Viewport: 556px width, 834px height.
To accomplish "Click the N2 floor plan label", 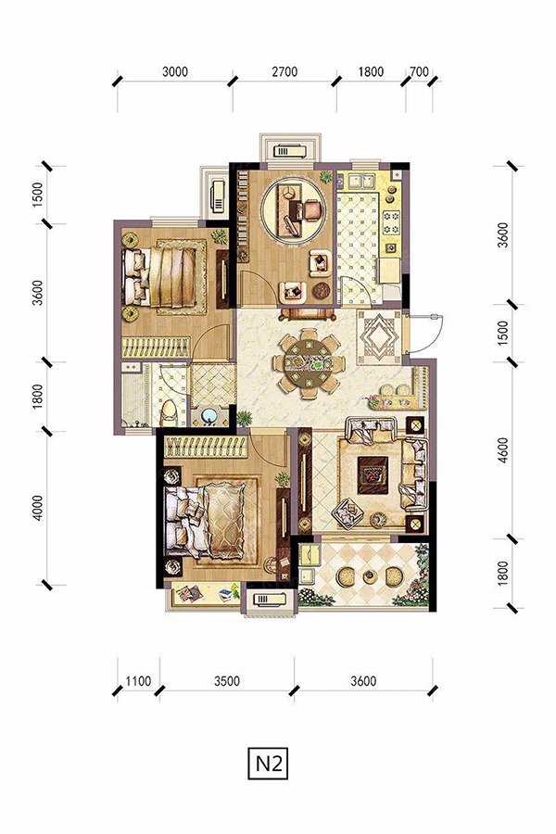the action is (268, 764).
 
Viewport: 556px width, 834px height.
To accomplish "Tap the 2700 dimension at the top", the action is (284, 71).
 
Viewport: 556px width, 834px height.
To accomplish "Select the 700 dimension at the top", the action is (419, 70).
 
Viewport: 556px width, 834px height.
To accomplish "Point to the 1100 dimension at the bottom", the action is (138, 681).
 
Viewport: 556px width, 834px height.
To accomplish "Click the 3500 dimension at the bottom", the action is (227, 681).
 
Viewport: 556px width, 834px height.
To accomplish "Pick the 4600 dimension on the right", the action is (503, 450).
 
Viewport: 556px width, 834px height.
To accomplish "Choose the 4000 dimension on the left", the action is (37, 508).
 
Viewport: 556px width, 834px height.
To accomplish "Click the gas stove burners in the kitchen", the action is (392, 222).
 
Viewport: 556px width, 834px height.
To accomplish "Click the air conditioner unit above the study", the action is (290, 151).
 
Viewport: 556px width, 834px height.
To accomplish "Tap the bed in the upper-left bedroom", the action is (164, 276).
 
